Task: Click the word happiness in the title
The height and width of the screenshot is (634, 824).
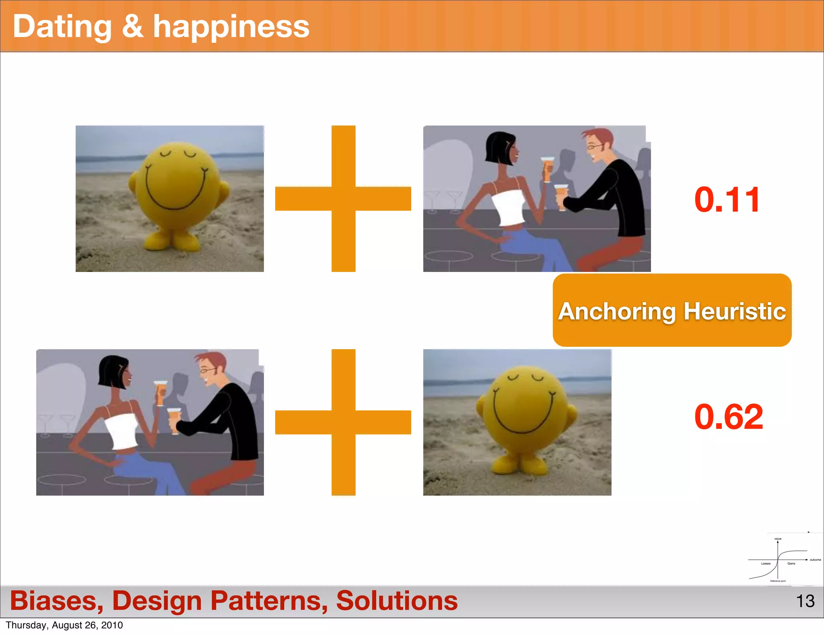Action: (231, 27)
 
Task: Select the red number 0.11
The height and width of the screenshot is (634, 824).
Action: (727, 200)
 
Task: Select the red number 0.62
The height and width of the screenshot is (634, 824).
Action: (728, 417)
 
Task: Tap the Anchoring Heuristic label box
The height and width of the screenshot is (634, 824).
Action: (672, 310)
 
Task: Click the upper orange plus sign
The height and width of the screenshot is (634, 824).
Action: (343, 199)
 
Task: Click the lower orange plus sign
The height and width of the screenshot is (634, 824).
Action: (343, 422)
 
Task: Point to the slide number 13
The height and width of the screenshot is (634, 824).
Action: (805, 601)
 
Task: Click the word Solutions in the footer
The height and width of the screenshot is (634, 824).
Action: (397, 601)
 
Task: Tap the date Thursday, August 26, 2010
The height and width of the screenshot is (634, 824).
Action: (64, 625)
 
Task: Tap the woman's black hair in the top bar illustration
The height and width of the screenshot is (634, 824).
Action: (499, 147)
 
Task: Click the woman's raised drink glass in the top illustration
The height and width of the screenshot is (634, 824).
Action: (547, 169)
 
